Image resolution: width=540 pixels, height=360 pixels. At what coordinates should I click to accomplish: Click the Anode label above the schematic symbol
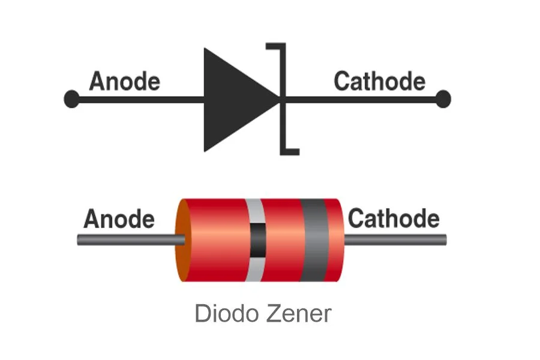124,81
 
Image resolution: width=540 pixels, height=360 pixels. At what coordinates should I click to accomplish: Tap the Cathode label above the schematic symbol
379,81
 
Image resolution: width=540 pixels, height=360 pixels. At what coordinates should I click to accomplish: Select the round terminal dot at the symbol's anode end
71,99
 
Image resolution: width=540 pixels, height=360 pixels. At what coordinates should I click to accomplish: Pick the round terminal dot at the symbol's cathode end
442,99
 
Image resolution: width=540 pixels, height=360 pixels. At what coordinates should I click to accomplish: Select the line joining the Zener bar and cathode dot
360,99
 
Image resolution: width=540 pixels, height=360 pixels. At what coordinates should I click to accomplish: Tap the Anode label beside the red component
119,219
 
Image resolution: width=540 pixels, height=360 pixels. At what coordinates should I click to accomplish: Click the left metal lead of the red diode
129,241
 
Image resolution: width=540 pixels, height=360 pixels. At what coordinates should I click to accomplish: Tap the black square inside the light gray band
257,240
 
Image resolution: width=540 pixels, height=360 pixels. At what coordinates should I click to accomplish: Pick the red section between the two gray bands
282,240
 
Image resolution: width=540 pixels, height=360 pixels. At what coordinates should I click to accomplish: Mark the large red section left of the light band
216,240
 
